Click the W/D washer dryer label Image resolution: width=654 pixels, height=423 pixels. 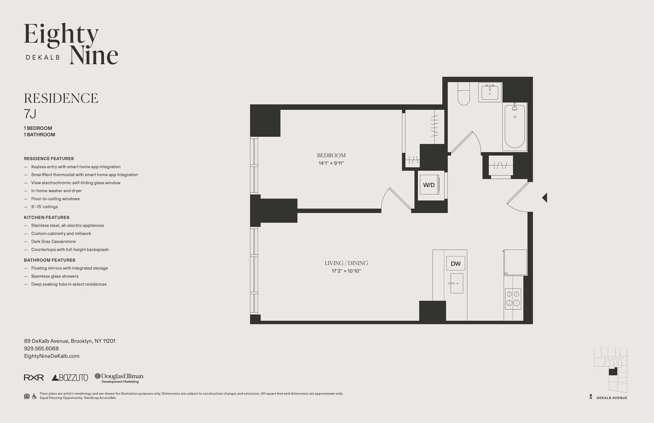click(429, 185)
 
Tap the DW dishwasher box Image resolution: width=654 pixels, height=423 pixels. click(456, 264)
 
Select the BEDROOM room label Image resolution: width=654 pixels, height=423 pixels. click(331, 156)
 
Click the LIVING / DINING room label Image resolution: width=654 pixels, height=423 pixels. click(346, 263)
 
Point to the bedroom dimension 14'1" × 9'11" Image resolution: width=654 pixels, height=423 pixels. click(331, 163)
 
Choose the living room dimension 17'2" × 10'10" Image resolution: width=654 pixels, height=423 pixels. click(346, 271)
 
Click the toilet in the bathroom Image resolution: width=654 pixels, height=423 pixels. click(463, 95)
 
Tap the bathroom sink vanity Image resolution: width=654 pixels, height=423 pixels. click(490, 92)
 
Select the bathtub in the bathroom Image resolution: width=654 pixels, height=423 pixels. click(515, 126)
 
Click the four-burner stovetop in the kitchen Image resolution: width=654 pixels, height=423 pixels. click(513, 298)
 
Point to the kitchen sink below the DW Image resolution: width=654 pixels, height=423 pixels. click(456, 283)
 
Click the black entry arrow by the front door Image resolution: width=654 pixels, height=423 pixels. click(545, 198)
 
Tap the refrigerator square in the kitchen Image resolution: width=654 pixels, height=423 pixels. click(515, 261)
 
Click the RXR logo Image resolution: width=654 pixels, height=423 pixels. click(34, 377)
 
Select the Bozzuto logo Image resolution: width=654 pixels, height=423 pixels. click(70, 378)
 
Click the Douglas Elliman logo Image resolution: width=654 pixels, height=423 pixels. click(119, 378)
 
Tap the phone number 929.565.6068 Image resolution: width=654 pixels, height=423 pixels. click(41, 349)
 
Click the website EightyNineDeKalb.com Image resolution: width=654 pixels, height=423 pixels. click(51, 356)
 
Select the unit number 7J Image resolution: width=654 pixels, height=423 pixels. click(30, 114)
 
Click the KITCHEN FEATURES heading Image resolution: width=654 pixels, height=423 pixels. click(47, 217)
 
